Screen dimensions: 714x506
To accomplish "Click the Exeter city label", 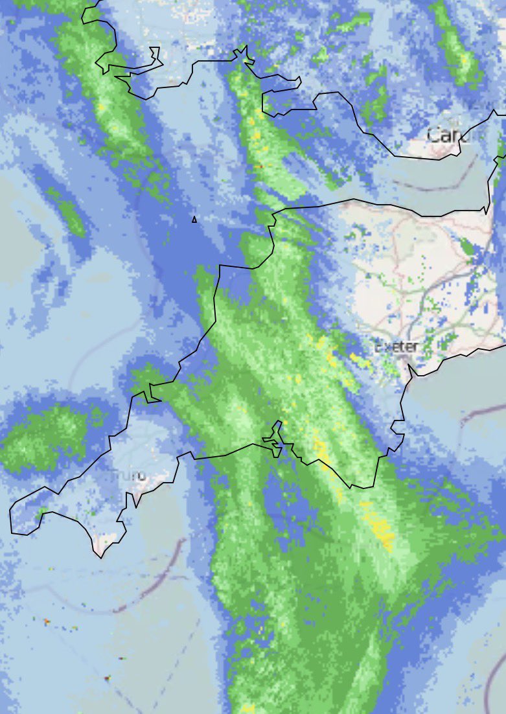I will pyautogui.click(x=397, y=347).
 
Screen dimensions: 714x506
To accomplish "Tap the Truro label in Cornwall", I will pyautogui.click(x=129, y=476).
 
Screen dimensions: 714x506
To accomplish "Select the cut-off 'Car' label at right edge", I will pyautogui.click(x=448, y=135).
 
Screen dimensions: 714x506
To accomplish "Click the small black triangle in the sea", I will pyautogui.click(x=194, y=220).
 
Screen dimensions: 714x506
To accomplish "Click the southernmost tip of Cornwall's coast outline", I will pyautogui.click(x=100, y=556).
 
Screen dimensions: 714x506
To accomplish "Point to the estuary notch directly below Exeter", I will pyautogui.click(x=410, y=373).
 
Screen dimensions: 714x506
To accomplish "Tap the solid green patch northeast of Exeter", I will pyautogui.click(x=467, y=247).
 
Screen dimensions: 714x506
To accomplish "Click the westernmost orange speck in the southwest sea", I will pyautogui.click(x=47, y=621).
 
